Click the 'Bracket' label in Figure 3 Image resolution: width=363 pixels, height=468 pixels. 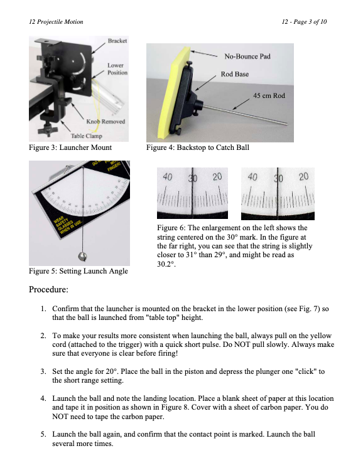117,41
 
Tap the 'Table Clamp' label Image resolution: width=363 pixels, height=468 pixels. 87,136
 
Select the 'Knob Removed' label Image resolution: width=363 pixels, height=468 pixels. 106,122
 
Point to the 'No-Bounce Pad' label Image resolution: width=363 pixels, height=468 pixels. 247,56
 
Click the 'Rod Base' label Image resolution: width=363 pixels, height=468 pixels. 235,74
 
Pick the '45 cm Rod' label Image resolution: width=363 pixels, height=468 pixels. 269,95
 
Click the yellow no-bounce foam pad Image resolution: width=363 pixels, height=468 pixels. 172,92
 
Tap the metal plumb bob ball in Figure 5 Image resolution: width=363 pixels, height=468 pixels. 82,257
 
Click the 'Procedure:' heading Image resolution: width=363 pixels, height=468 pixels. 48,289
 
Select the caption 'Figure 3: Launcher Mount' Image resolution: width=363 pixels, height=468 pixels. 70,147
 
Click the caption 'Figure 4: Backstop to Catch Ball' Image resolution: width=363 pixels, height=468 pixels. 197,147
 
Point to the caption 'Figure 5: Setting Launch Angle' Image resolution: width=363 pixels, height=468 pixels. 79,271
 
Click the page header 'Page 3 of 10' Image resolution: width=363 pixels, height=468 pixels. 310,22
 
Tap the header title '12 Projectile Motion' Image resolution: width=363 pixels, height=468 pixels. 56,22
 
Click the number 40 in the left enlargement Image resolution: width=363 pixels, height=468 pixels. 167,177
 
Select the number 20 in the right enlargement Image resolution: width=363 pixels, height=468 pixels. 303,177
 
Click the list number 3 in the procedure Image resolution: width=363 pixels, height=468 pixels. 43,371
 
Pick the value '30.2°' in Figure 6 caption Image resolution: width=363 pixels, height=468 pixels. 166,264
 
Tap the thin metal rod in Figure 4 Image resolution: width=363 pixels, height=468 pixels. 245,114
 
